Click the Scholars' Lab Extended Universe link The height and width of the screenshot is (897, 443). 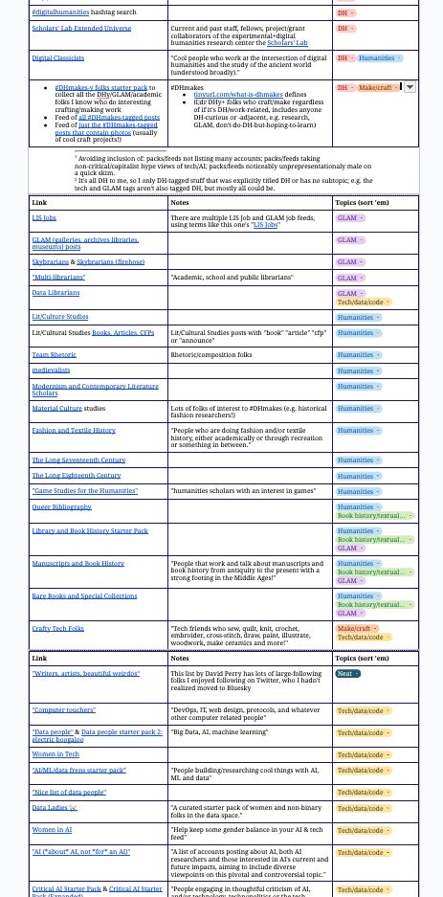(80, 29)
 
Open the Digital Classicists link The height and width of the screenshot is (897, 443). (58, 57)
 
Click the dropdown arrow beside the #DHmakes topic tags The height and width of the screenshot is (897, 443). (410, 87)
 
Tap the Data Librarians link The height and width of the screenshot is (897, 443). (55, 292)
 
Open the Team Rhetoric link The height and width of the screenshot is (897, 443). (54, 355)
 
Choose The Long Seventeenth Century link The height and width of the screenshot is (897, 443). (78, 460)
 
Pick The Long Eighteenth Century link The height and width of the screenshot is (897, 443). (77, 476)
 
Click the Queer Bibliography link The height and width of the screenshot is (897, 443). (62, 506)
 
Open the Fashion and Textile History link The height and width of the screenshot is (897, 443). (74, 431)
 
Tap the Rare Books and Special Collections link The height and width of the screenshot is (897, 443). (84, 595)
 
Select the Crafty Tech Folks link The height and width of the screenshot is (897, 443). (57, 628)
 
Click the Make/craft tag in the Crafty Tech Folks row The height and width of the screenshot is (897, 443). (356, 628)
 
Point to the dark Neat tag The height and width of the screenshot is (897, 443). (347, 674)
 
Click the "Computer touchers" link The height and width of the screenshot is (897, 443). (63, 710)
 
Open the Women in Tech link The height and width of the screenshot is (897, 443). (55, 754)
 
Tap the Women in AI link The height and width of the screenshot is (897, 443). (52, 830)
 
